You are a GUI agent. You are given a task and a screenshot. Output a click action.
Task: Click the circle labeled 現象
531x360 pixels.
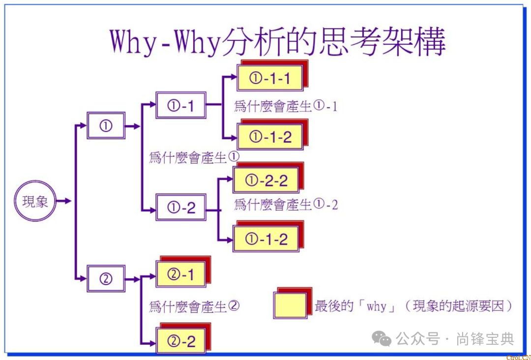[x=35, y=201]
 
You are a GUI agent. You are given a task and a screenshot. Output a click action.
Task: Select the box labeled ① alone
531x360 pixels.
[x=106, y=125]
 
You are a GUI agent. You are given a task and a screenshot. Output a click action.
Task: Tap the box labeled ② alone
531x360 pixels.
[x=106, y=279]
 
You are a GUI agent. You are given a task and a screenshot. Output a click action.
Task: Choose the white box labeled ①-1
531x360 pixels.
[x=181, y=105]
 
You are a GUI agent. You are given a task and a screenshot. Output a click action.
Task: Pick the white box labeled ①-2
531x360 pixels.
[x=181, y=208]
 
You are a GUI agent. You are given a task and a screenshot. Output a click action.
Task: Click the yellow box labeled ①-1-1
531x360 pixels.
[x=270, y=78]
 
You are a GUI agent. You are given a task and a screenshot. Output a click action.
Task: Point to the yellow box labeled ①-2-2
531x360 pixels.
[x=266, y=180]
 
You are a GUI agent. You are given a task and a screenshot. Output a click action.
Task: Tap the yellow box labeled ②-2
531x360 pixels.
[x=181, y=340]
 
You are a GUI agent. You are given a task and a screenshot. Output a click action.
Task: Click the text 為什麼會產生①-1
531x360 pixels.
[x=286, y=106]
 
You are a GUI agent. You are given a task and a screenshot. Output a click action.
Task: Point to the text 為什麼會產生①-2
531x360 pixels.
[x=286, y=204]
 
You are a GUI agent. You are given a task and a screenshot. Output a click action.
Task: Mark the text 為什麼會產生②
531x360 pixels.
[x=194, y=306]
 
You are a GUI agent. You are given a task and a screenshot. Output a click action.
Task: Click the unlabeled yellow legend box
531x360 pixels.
[x=290, y=305]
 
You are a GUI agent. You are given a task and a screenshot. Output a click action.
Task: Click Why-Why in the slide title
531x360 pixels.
[x=165, y=41]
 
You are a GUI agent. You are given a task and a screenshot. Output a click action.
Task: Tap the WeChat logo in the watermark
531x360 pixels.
[x=382, y=338]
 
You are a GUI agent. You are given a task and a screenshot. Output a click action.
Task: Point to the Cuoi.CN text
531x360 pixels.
[x=518, y=357]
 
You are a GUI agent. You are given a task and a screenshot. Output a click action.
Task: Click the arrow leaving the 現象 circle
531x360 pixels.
[x=64, y=201]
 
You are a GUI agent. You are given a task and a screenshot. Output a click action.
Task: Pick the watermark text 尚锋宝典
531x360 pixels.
[x=485, y=339]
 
